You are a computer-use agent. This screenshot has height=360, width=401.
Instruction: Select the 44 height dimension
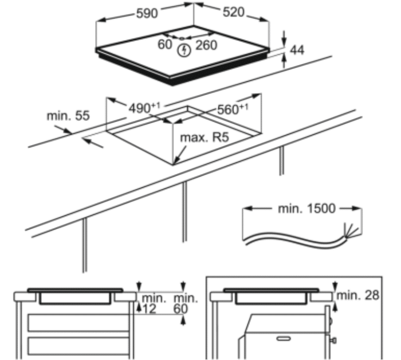[x=297, y=50]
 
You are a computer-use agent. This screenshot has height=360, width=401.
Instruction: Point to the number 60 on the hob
[x=165, y=44]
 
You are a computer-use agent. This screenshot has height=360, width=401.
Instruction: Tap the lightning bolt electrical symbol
[x=183, y=50]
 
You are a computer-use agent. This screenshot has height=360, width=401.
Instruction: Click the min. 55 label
[x=68, y=116]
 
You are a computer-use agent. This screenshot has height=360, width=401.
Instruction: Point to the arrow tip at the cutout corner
[x=176, y=162]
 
